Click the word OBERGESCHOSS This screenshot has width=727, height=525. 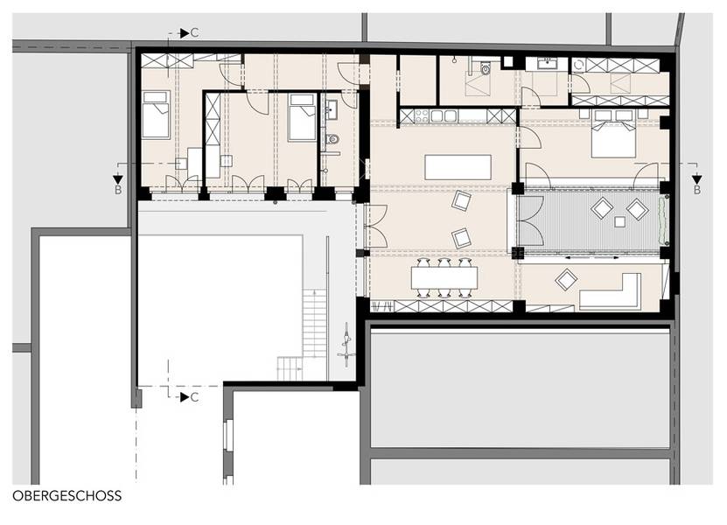[x=67, y=496]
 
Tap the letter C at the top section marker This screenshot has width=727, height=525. [x=195, y=33]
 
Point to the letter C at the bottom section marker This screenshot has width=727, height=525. [x=195, y=397]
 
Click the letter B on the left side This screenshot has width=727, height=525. [x=118, y=190]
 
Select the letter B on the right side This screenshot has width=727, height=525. [x=697, y=190]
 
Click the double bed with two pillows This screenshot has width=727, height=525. [x=613, y=134]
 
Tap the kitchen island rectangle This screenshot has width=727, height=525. [x=458, y=167]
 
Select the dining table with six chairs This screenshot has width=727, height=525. [x=444, y=277]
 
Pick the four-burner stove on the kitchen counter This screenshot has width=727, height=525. [x=421, y=115]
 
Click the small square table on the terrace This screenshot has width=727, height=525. [x=619, y=221]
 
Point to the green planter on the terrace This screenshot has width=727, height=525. [x=663, y=220]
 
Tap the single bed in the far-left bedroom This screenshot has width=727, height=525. [x=156, y=115]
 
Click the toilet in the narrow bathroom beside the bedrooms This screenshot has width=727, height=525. [x=332, y=138]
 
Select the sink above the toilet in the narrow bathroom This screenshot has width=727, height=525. [x=332, y=111]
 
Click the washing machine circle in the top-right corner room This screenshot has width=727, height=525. [x=578, y=65]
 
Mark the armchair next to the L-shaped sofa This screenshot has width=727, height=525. [x=566, y=280]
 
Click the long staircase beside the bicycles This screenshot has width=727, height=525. [x=315, y=322]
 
